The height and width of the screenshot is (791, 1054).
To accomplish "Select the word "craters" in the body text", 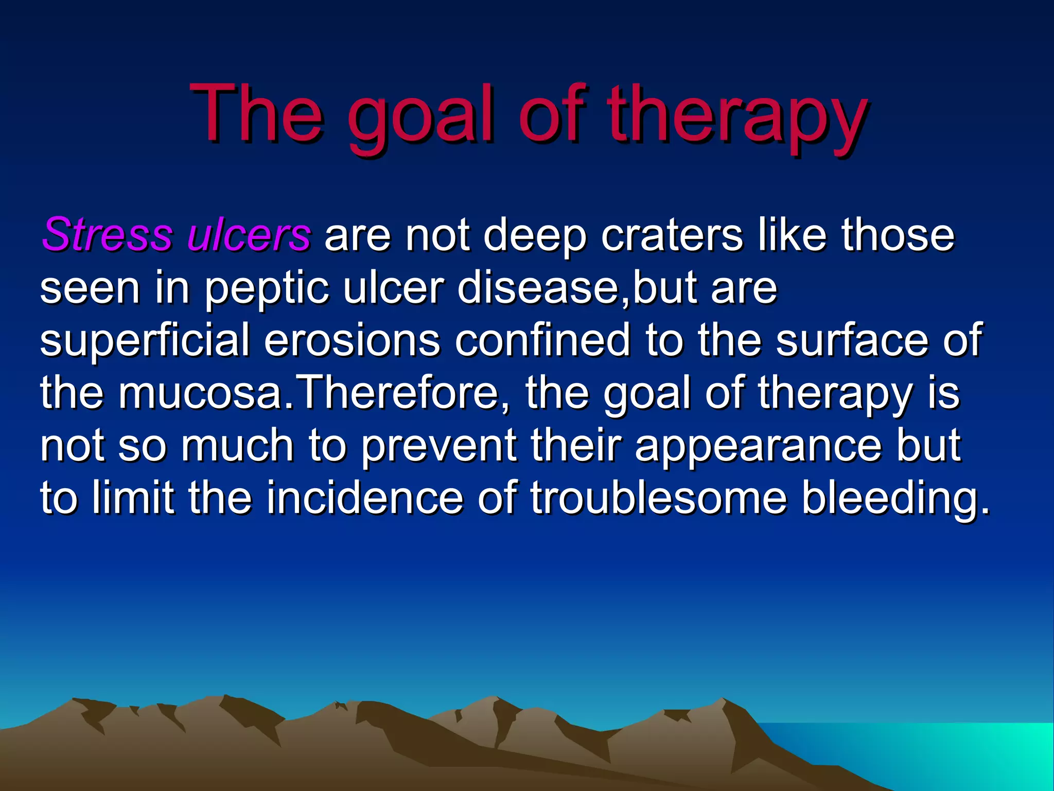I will pos(672,235).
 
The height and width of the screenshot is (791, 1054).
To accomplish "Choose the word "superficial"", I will pos(145,340).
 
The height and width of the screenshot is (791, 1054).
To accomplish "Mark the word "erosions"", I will pos(352,340).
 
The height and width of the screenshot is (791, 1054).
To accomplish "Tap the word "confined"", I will pos(543,340).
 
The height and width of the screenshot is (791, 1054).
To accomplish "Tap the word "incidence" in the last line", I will pos(364,498).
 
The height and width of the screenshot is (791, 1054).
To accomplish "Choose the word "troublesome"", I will pos(659,498).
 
